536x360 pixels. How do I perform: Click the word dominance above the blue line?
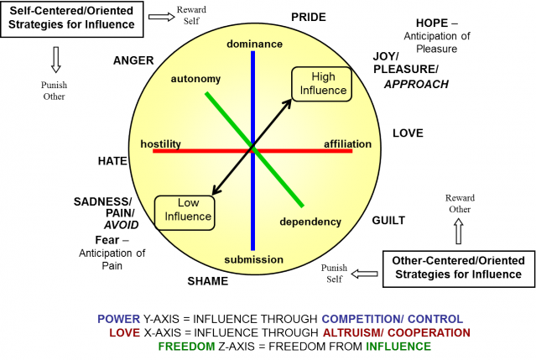pyautogui.click(x=252, y=43)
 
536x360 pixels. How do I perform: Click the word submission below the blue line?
pyautogui.click(x=253, y=259)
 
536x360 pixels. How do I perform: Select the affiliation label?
pyautogui.click(x=347, y=144)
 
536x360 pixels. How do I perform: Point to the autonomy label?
pyautogui.click(x=195, y=79)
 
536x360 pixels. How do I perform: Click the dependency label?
pyautogui.click(x=310, y=222)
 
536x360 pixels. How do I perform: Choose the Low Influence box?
pyautogui.click(x=184, y=210)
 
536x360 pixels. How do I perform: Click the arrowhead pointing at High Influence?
pyautogui.click(x=289, y=102)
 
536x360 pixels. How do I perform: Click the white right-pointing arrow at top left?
pyautogui.click(x=161, y=16)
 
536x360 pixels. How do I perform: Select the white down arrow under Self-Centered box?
pyautogui.click(x=56, y=58)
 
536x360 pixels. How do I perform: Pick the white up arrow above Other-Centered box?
pyautogui.click(x=459, y=231)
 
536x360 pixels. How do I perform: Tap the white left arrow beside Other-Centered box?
pyautogui.click(x=365, y=274)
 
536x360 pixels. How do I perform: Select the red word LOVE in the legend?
pyautogui.click(x=124, y=333)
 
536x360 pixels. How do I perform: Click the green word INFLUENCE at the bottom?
pyautogui.click(x=398, y=346)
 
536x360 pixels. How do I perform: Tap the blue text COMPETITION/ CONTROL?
pyautogui.click(x=392, y=320)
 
